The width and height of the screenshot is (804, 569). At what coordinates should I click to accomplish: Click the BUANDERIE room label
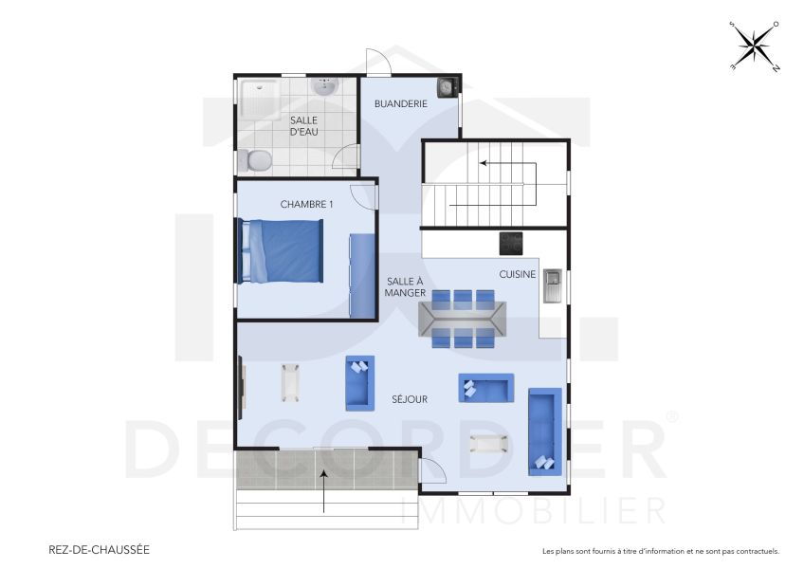401,103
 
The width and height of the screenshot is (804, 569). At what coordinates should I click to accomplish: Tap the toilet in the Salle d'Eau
253,160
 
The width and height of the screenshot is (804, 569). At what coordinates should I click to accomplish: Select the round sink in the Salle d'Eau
325,88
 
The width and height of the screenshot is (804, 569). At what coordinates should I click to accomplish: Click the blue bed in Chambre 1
282,250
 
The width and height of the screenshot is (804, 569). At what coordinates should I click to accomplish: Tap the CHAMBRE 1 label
307,205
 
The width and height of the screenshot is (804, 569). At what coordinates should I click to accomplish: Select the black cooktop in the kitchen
512,244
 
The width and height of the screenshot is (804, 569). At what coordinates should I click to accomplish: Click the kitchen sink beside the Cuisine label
553,285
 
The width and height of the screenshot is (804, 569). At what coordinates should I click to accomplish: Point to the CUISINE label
518,275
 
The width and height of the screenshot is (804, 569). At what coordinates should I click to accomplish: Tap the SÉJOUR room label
410,399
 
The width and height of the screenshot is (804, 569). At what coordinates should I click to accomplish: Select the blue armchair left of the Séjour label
359,382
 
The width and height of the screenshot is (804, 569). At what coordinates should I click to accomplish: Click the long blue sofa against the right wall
544,431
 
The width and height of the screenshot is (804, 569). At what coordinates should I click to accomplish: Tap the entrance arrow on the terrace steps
324,489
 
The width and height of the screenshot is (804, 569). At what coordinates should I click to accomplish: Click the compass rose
755,46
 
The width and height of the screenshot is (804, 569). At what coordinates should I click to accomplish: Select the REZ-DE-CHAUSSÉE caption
99,549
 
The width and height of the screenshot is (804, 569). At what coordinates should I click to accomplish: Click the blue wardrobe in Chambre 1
361,276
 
